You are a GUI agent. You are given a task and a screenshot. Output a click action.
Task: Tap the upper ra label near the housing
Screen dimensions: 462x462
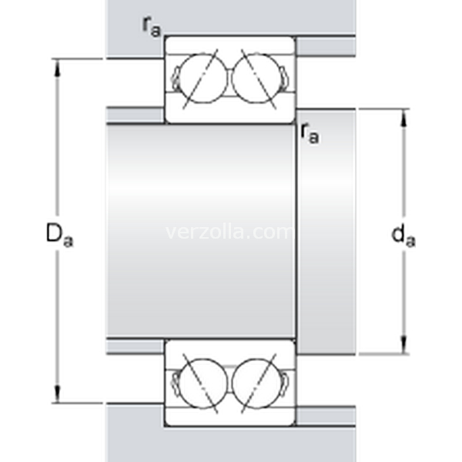pyautogui.click(x=152, y=25)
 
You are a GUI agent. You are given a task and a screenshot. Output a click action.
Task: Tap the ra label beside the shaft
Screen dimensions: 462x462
pyautogui.click(x=310, y=133)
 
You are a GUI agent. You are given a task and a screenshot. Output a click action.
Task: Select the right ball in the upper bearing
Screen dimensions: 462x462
pyautogui.click(x=256, y=78)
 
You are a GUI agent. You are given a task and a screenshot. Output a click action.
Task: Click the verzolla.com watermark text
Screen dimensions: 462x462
pyautogui.click(x=229, y=232)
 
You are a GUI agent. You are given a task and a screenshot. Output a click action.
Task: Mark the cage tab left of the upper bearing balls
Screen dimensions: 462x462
pyautogui.click(x=176, y=78)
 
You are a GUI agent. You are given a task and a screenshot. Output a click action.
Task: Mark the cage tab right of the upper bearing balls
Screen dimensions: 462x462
pyautogui.click(x=284, y=78)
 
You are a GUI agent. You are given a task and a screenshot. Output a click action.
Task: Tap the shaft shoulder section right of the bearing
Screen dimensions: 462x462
pyautogui.click(x=326, y=231)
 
